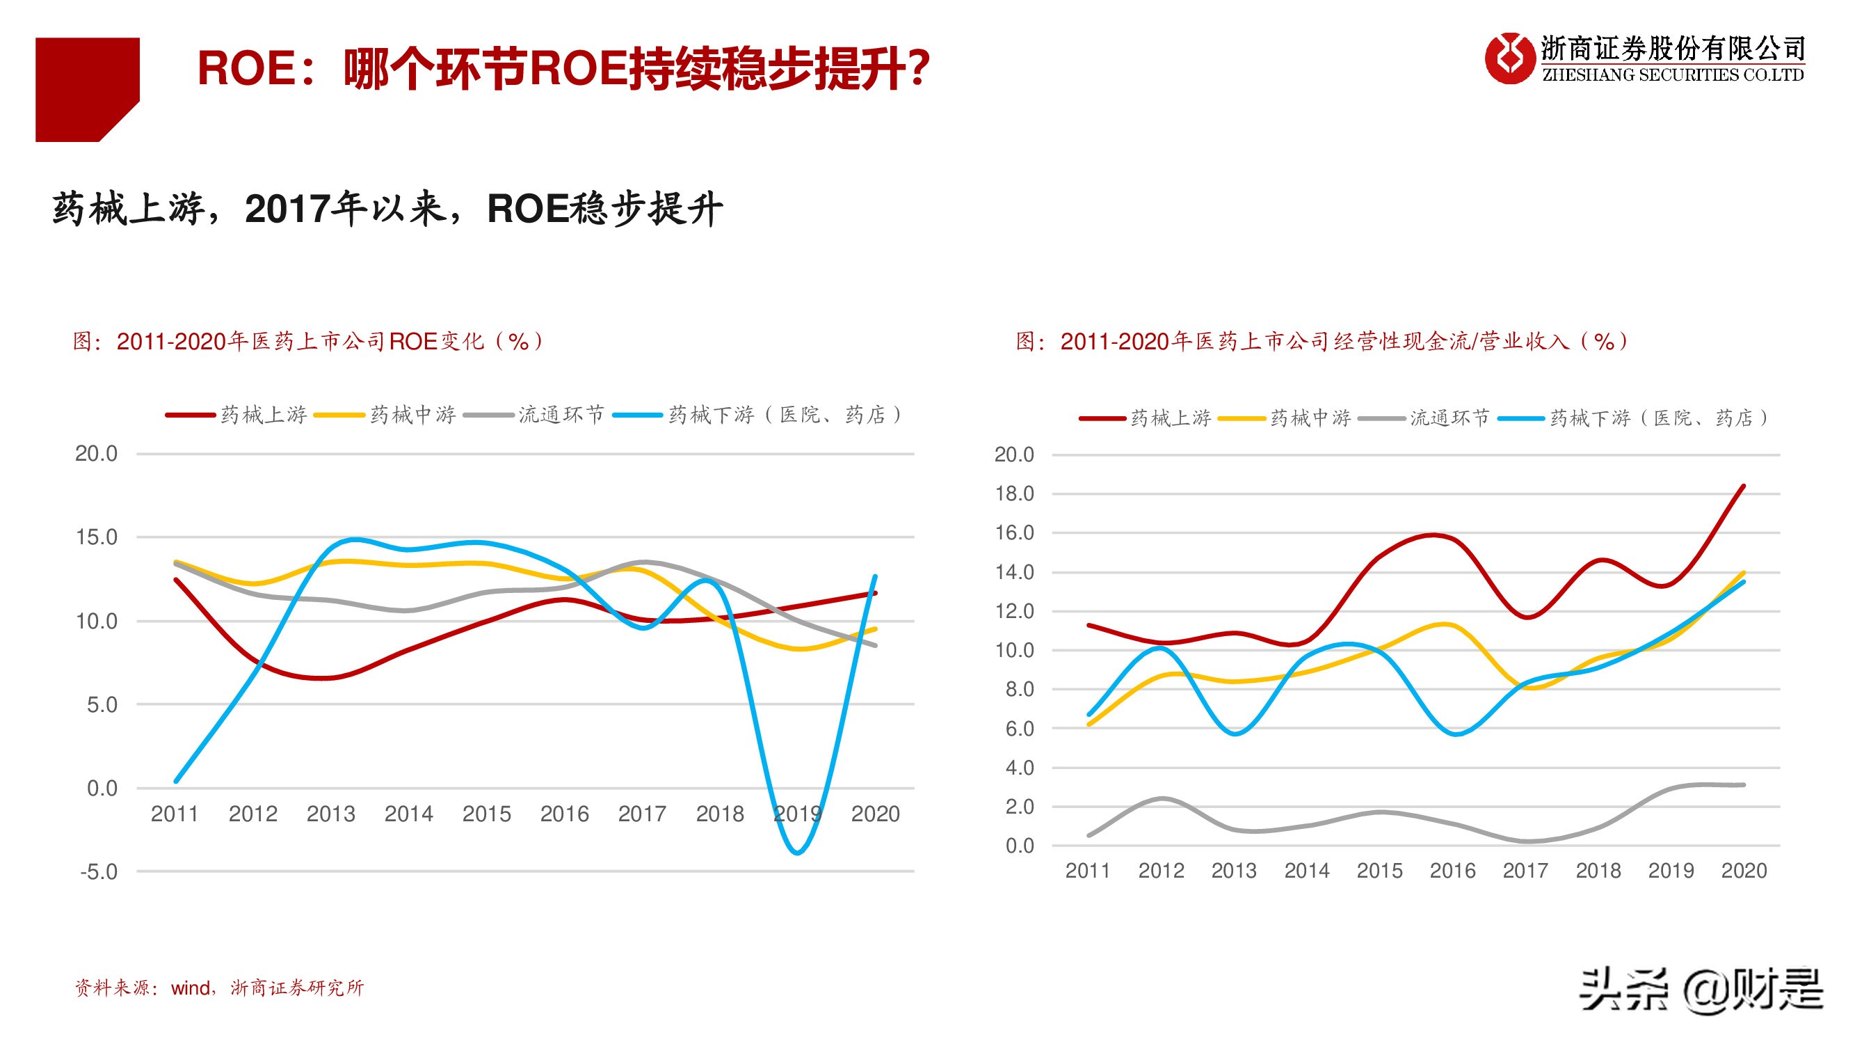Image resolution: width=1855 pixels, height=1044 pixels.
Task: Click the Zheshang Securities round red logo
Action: pyautogui.click(x=1509, y=58)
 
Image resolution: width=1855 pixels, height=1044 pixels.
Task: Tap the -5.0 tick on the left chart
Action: pyautogui.click(x=99, y=872)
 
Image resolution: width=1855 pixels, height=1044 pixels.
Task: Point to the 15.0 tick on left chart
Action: pyautogui.click(x=97, y=537)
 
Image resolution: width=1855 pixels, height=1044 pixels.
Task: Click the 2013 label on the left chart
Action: pyautogui.click(x=330, y=814)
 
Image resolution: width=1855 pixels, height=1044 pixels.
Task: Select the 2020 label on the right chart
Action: pyautogui.click(x=1744, y=871)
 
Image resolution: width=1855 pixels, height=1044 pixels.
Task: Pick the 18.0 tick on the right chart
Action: pyautogui.click(x=1014, y=493)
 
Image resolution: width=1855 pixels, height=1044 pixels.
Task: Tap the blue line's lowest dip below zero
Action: pyautogui.click(x=797, y=853)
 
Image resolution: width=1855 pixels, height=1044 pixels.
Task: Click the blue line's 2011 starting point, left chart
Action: pyautogui.click(x=177, y=781)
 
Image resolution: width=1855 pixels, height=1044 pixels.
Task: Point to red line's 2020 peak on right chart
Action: pyautogui.click(x=1744, y=487)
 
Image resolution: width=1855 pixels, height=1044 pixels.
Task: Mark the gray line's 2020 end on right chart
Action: pyautogui.click(x=1744, y=784)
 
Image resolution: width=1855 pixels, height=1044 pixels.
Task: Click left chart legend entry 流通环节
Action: pyautogui.click(x=560, y=415)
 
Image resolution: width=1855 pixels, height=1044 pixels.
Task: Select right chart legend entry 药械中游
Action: pyautogui.click(x=1310, y=418)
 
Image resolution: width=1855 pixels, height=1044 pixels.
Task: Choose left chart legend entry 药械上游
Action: pyautogui.click(x=264, y=415)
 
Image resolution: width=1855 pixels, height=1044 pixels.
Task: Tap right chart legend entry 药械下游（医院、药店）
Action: pyautogui.click(x=1657, y=418)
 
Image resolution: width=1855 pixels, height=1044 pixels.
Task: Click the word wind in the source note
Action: pyautogui.click(x=190, y=988)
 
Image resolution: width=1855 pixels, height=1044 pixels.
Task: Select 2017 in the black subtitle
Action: pyautogui.click(x=289, y=209)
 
